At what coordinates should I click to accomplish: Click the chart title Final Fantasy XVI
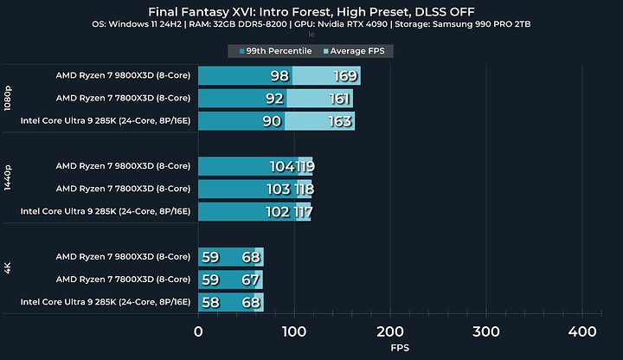coord(311,11)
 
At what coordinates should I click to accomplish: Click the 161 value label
coord(330,99)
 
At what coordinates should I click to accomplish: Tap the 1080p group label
coord(9,99)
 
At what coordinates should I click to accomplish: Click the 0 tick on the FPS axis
coord(199,332)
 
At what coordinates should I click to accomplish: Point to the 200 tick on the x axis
coord(390,332)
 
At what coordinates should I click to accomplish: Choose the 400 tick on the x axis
coord(582,332)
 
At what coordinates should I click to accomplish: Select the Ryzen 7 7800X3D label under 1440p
coord(123,189)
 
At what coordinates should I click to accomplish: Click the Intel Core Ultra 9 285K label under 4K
coord(105,302)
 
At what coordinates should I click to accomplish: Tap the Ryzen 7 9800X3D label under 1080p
coord(123,76)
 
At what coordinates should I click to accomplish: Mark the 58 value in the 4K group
coord(209,302)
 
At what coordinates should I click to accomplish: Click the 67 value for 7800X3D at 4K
coord(251,280)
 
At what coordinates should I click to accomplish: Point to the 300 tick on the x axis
coord(486,332)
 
